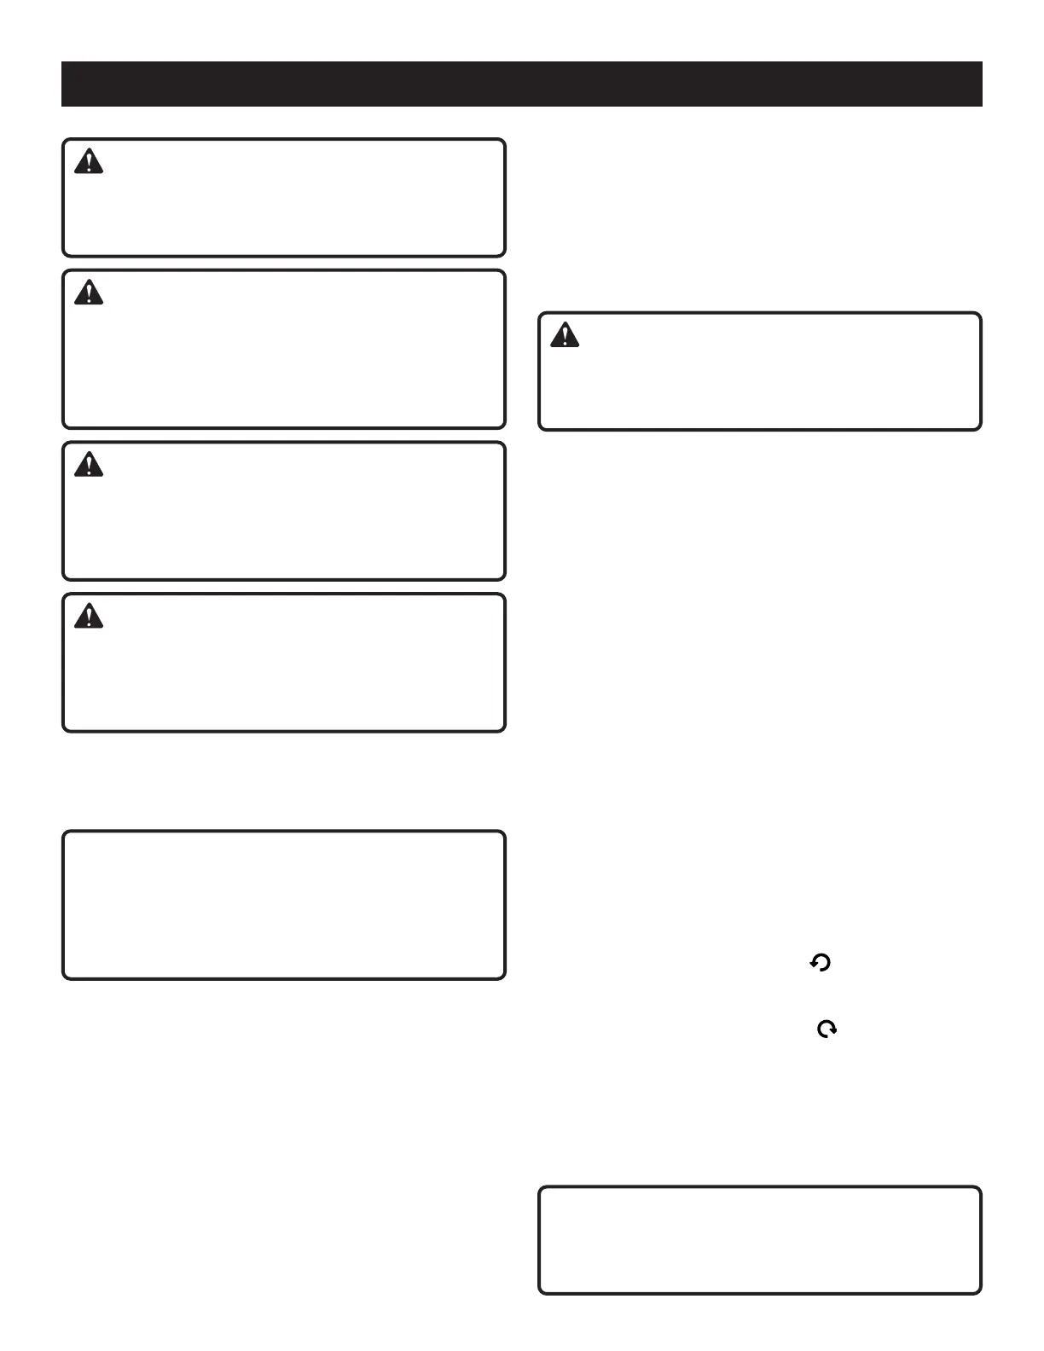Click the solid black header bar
(x=521, y=84)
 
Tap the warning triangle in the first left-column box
(x=89, y=162)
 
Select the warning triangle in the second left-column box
(x=89, y=293)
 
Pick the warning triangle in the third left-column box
(x=89, y=465)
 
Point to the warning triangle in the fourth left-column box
(x=89, y=616)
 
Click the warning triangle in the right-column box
(x=565, y=336)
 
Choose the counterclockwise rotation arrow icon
(x=821, y=964)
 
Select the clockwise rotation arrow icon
(x=826, y=1029)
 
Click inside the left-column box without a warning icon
(x=284, y=905)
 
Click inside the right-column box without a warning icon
(x=759, y=1239)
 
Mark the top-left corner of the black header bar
(x=62, y=62)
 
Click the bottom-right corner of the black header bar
(x=981, y=105)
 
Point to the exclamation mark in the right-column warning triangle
(x=565, y=337)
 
